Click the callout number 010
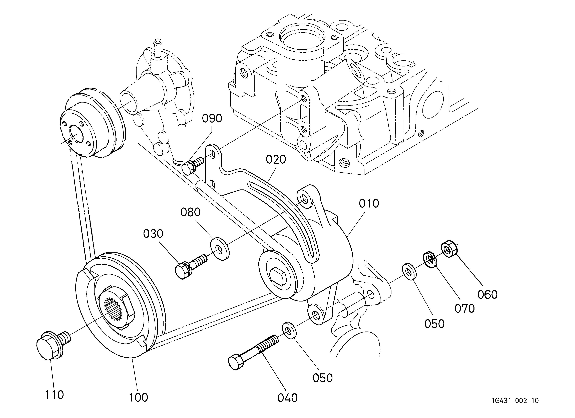click(x=369, y=203)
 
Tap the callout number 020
click(x=276, y=160)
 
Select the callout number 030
click(x=153, y=234)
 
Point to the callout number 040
click(x=287, y=398)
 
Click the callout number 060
click(x=487, y=294)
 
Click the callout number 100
click(x=138, y=397)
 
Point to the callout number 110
click(x=54, y=395)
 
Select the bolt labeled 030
click(x=191, y=267)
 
